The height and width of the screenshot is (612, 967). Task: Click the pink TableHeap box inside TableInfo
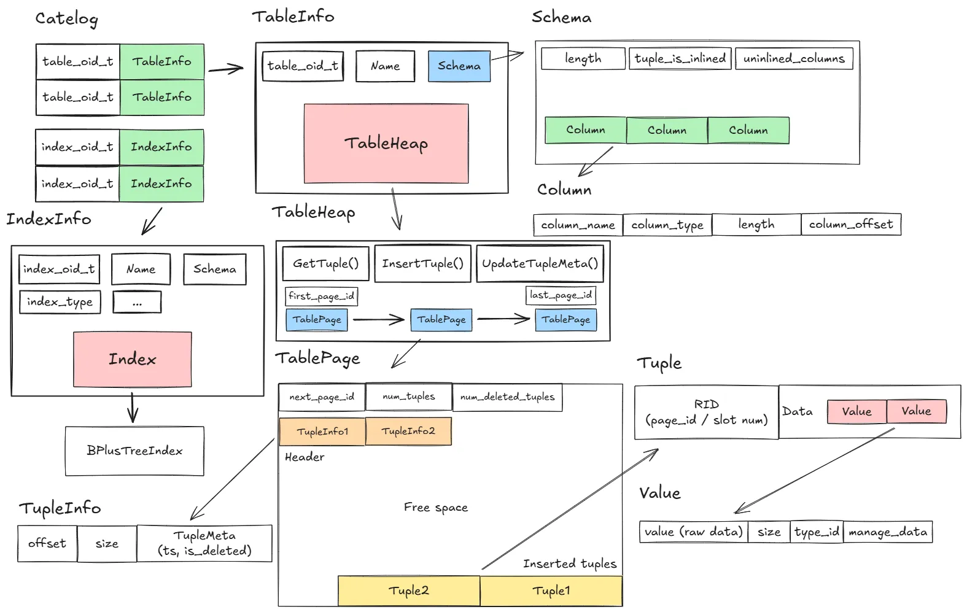pyautogui.click(x=386, y=143)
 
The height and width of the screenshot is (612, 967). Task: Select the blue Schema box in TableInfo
pyautogui.click(x=459, y=66)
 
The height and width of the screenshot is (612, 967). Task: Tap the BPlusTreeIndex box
pyautogui.click(x=134, y=451)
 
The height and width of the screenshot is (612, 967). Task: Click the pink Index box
pyautogui.click(x=132, y=359)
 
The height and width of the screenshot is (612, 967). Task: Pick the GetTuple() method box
pyautogui.click(x=325, y=263)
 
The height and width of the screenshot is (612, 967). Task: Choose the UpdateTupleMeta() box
pyautogui.click(x=540, y=263)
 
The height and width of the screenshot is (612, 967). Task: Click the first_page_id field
pyautogui.click(x=321, y=296)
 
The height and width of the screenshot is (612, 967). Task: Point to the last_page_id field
pyautogui.click(x=561, y=295)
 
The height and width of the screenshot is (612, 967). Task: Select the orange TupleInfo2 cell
pyautogui.click(x=408, y=431)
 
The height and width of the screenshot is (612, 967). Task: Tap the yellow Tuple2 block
pyautogui.click(x=408, y=591)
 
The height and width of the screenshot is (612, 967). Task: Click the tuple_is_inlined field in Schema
pyautogui.click(x=680, y=58)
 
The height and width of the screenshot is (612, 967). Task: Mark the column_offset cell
pyautogui.click(x=850, y=225)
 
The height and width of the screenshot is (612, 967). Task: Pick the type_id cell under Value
pyautogui.click(x=816, y=532)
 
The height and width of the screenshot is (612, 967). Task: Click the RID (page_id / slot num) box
pyautogui.click(x=706, y=412)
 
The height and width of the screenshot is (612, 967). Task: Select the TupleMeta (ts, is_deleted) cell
pyautogui.click(x=204, y=543)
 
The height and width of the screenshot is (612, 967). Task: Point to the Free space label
pyautogui.click(x=435, y=508)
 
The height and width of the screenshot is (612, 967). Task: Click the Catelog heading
pyautogui.click(x=66, y=18)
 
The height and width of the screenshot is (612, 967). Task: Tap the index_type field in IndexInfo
pyautogui.click(x=60, y=302)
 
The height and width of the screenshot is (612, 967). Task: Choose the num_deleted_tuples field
pyautogui.click(x=507, y=397)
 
